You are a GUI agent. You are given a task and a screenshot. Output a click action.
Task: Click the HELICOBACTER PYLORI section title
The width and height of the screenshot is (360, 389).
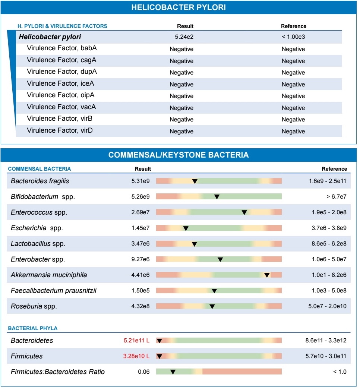pos(179,7)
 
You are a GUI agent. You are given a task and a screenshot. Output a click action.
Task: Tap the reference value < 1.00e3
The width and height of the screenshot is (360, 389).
pos(293,37)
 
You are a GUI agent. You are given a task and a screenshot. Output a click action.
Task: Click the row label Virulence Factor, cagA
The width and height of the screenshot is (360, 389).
pos(61,60)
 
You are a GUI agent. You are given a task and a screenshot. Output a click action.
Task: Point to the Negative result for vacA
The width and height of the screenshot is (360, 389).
pos(181,108)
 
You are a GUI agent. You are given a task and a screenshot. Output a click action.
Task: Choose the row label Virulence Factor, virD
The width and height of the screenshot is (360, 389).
pos(61,130)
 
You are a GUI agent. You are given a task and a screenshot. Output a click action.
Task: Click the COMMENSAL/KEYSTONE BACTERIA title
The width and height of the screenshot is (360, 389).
pos(179,155)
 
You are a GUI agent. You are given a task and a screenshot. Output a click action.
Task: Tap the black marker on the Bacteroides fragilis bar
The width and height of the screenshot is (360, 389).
pos(195,181)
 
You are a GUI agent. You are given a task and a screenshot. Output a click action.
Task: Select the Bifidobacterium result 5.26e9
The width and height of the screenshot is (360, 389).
pos(140,197)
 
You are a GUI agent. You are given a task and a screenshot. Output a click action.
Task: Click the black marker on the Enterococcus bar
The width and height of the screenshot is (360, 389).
pos(244,212)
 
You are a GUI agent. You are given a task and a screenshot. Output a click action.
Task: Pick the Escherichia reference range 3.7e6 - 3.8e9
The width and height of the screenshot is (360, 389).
pos(329,228)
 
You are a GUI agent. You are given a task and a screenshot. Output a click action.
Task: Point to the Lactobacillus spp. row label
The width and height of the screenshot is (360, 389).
pos(38,244)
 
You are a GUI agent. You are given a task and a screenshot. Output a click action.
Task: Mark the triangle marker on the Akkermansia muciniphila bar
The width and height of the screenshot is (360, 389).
pos(267,275)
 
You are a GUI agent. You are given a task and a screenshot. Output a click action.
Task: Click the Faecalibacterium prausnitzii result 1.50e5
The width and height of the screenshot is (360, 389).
pos(140,291)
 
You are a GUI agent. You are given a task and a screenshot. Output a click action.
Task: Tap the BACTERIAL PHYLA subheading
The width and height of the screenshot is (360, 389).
pos(33,328)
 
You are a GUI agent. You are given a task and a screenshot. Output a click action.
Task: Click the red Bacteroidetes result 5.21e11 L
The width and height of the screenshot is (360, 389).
pos(136,341)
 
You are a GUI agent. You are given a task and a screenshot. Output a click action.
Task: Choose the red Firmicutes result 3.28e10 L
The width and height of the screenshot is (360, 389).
pos(136,356)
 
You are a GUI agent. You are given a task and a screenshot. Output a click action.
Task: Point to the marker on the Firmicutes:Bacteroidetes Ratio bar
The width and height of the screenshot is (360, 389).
pos(173,372)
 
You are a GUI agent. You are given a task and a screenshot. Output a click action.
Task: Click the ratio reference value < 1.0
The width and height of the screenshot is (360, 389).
pos(340,372)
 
